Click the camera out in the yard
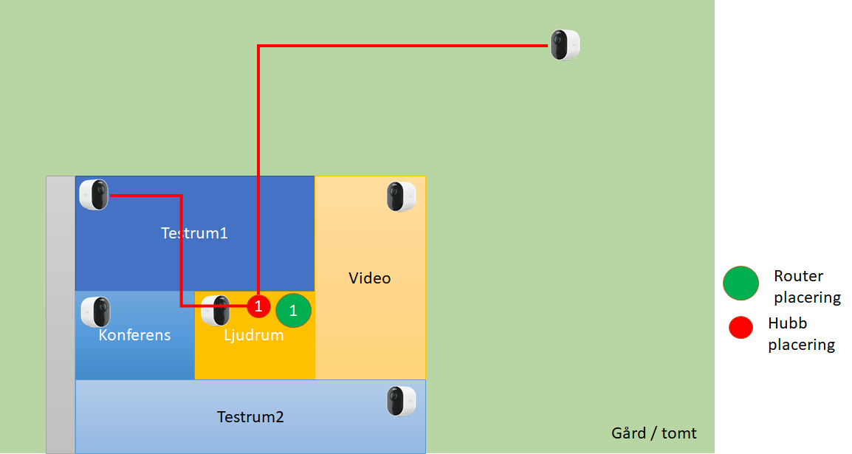pos(565,44)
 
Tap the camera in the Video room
pos(401,196)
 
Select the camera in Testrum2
pos(401,401)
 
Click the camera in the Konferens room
pos(96,312)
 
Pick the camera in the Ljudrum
pos(216,311)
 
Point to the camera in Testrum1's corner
pos(94,194)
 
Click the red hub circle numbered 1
pos(258,306)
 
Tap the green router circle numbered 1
pos(293,310)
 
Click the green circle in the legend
pos(741,283)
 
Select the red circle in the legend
pos(741,328)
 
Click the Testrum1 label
pos(194,233)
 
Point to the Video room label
pos(369,278)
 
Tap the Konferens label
pos(134,335)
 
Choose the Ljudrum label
pos(254,335)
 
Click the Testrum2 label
pos(250,416)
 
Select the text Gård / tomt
pos(653,433)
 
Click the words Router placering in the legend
pos(808,286)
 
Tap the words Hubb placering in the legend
pos(802,334)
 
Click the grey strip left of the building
pos(61,314)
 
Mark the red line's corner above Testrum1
pos(258,47)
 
